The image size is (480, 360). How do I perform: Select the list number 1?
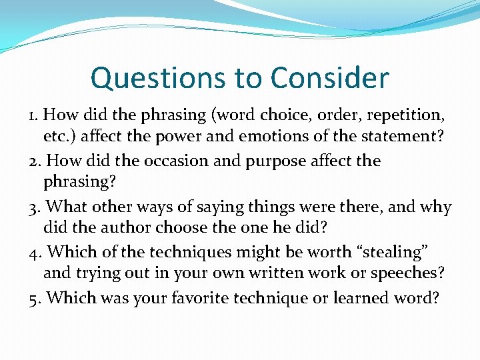(x=33, y=115)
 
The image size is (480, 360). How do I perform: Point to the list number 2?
(x=35, y=161)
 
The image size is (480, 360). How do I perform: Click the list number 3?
(x=35, y=207)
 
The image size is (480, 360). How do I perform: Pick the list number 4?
(x=35, y=252)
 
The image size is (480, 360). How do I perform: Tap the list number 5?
(x=35, y=297)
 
